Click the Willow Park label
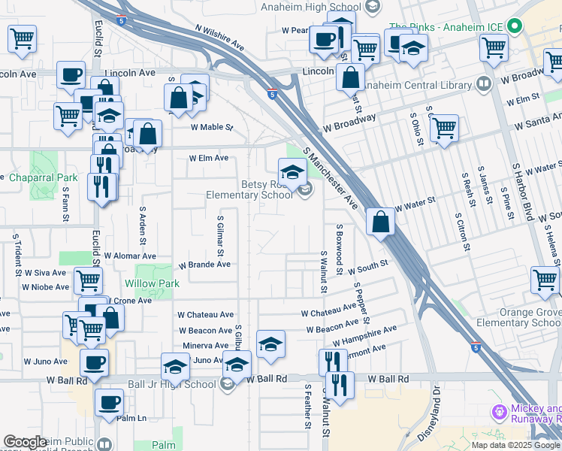[x=153, y=284]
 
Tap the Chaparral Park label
[x=43, y=178]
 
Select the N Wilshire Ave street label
[x=220, y=39]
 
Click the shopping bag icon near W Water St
[x=381, y=222]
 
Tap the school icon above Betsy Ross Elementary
[x=292, y=172]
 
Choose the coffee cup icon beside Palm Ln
[x=110, y=402]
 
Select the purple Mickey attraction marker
[x=497, y=412]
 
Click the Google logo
[x=25, y=443]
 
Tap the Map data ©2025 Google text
[x=515, y=445]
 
